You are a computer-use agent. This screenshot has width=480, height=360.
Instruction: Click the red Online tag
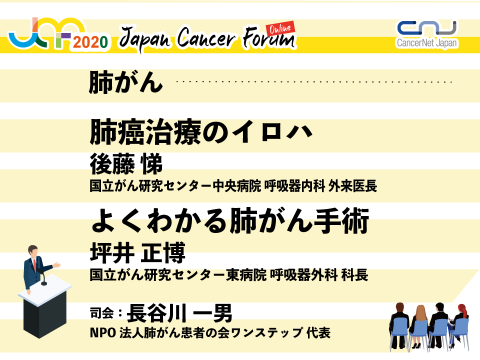coord(280,28)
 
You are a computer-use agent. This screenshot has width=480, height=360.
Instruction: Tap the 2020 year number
coord(90,42)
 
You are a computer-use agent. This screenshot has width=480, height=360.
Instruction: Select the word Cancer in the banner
coord(206,37)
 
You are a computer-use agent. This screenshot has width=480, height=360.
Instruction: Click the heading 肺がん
coord(126,82)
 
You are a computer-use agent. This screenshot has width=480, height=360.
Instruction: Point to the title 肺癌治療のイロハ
coord(201,132)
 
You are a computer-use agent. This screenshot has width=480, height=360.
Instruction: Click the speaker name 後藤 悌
coord(126,164)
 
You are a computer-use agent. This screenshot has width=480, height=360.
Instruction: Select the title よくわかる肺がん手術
coord(230,220)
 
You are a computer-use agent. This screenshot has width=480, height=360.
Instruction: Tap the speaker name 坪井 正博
coord(138,252)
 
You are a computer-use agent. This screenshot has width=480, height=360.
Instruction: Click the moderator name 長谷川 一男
coord(179,313)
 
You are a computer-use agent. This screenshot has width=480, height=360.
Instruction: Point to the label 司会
coord(101,313)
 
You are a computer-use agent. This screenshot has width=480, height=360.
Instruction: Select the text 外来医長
coord(352,186)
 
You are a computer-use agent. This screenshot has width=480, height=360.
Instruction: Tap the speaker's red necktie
coord(35,265)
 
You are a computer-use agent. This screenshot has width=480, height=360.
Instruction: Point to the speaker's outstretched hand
coord(56,265)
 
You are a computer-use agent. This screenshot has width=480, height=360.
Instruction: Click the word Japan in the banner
coord(144,39)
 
